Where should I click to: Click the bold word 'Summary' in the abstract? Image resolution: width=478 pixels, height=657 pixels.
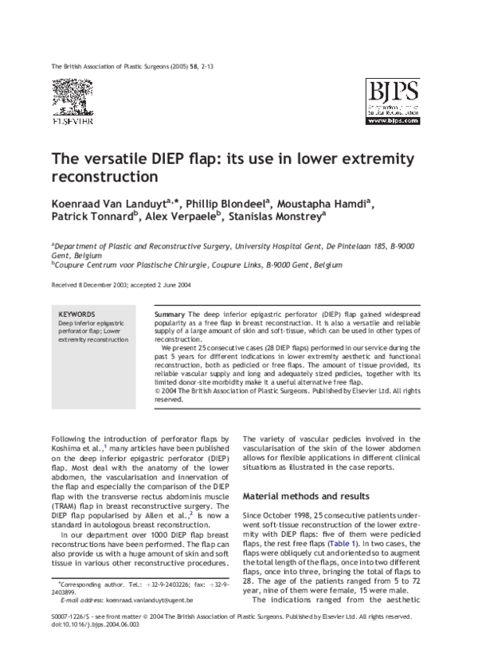[170, 315]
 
